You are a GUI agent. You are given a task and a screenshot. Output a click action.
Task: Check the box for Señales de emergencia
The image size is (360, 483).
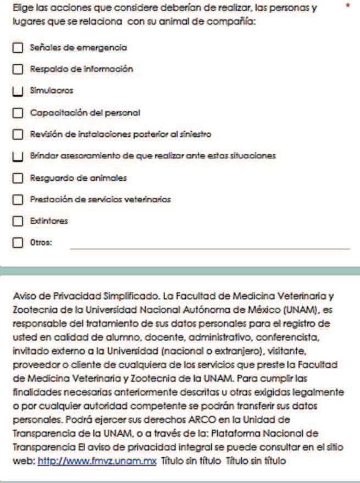[x=18, y=48]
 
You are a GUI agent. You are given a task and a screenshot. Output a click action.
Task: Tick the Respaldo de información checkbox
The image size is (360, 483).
[x=18, y=70]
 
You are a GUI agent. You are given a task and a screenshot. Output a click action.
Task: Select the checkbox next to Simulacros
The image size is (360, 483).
[x=18, y=91]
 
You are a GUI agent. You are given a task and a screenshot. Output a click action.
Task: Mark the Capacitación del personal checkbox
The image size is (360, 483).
[x=18, y=113]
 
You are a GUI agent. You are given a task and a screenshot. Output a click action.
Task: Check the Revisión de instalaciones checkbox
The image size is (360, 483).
[x=18, y=134]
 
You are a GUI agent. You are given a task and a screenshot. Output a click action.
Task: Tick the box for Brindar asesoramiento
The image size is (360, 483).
[x=18, y=156]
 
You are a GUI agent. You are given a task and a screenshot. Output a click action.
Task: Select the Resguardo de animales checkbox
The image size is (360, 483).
[x=18, y=177]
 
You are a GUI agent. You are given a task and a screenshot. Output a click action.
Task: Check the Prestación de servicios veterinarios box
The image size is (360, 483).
[x=18, y=199]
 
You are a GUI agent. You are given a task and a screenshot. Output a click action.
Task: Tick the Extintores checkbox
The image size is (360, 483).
[x=18, y=220]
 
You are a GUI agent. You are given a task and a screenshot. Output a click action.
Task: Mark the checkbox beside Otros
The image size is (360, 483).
[x=18, y=242]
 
